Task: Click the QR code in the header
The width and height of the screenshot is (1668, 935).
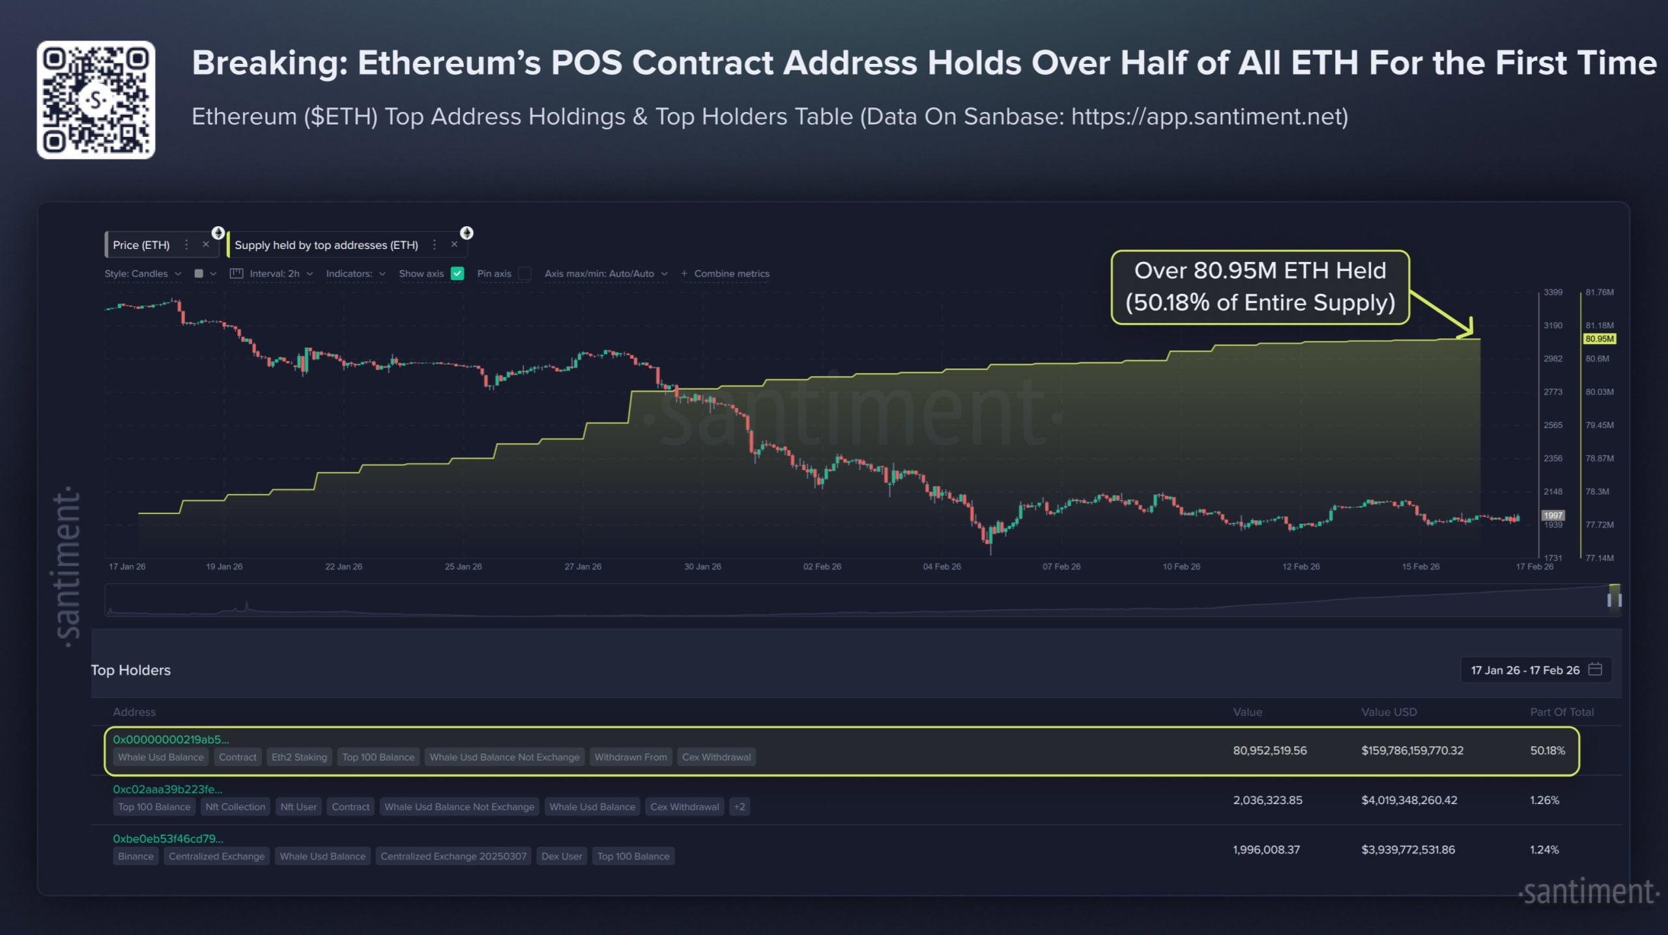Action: click(96, 100)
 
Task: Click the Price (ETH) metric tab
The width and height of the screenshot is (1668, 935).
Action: click(141, 245)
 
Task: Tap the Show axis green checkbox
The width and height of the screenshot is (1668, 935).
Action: click(457, 274)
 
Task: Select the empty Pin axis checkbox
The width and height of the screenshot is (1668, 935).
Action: click(525, 274)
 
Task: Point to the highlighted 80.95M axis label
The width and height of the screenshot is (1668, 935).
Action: click(1600, 339)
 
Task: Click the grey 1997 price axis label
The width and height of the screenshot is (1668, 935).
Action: click(1553, 515)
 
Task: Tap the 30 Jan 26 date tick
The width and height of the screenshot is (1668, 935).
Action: click(702, 567)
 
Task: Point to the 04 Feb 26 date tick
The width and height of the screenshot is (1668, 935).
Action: click(942, 567)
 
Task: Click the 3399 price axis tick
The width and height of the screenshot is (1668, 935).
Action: click(1553, 292)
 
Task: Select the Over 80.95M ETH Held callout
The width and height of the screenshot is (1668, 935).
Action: click(1260, 287)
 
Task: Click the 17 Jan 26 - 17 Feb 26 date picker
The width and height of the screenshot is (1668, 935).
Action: click(1535, 670)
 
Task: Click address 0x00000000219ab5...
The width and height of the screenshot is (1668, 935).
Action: click(171, 740)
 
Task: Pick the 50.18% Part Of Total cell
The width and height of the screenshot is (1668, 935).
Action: click(1547, 751)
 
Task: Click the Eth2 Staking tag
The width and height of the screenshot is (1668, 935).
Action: click(299, 757)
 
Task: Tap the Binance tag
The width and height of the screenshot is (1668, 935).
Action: click(136, 856)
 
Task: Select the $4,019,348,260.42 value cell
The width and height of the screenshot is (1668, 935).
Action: click(1409, 800)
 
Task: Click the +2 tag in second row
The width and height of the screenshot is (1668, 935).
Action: click(740, 807)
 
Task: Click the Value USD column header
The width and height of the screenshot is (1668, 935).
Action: click(1388, 712)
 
